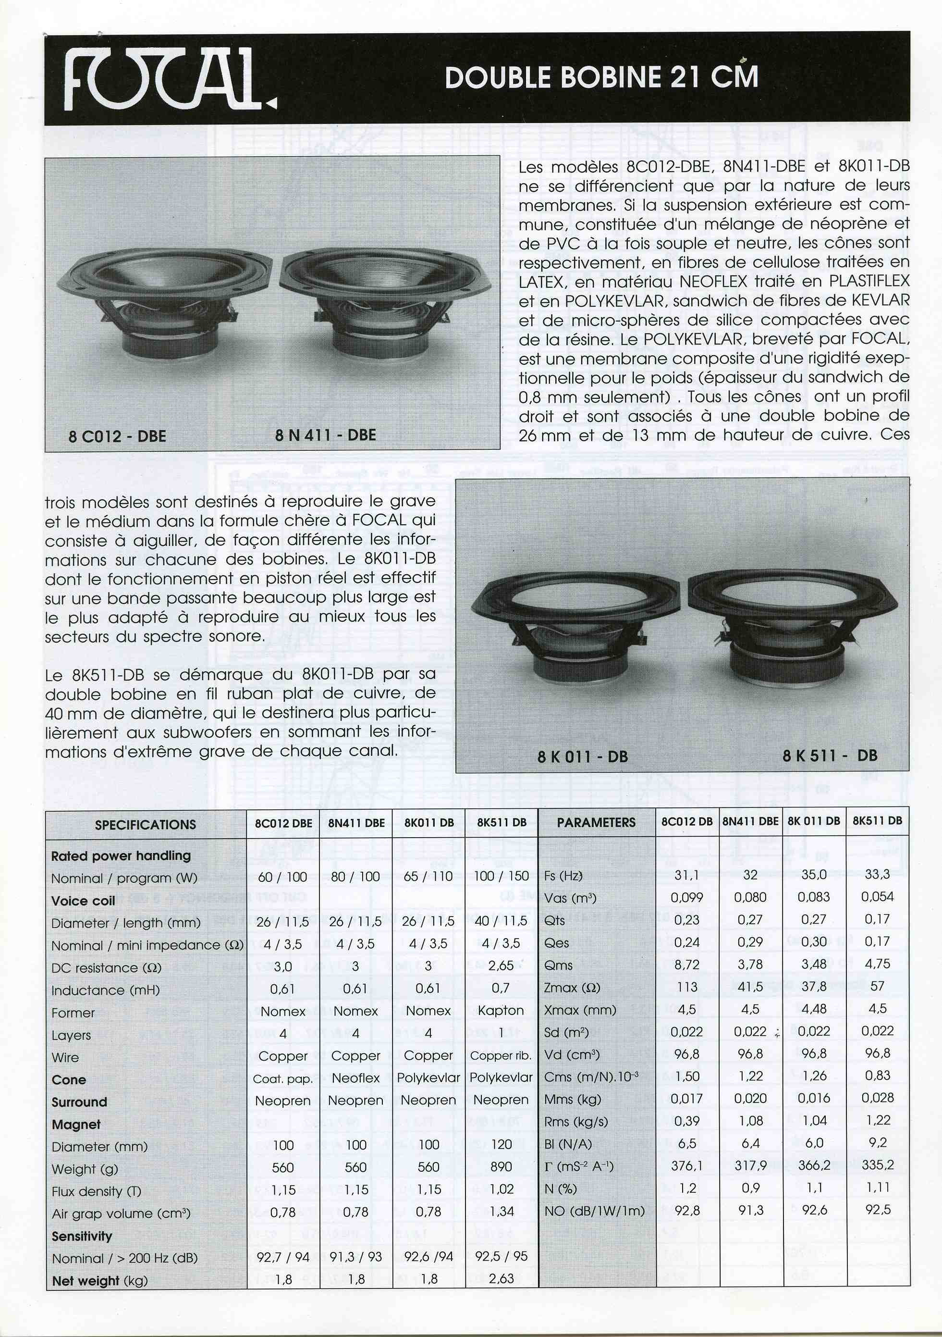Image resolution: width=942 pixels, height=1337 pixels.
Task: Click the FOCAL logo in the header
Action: point(169,79)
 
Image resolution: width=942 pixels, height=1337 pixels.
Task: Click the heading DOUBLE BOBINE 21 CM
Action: point(601,77)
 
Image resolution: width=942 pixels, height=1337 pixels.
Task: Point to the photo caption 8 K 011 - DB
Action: point(582,756)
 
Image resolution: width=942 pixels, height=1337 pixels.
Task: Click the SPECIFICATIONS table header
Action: point(146,824)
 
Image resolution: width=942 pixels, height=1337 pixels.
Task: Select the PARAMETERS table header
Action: point(596,822)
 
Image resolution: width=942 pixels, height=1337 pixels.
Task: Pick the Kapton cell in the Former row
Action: point(501,1010)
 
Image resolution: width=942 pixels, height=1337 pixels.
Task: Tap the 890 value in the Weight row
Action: point(501,1166)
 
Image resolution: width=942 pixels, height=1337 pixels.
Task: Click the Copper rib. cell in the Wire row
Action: point(501,1055)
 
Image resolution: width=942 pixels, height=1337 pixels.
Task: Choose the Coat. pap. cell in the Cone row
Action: point(283,1078)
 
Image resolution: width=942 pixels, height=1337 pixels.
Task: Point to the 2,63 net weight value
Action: point(502,1279)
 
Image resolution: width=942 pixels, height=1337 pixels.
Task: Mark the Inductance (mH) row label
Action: point(105,990)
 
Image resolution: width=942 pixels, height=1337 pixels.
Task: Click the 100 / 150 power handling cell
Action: point(501,876)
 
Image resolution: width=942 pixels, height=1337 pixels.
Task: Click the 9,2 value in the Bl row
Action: point(877,1142)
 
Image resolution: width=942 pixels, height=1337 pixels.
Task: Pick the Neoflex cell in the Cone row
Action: point(356,1078)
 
